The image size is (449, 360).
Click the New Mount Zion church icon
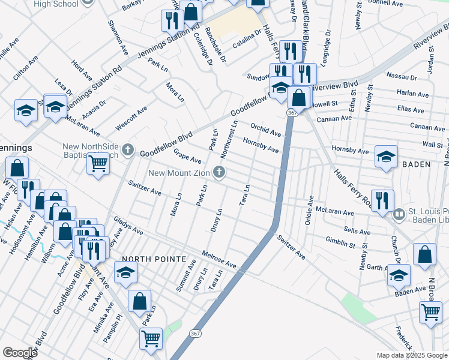220,173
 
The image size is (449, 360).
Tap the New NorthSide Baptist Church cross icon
127,148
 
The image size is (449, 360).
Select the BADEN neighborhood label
416,164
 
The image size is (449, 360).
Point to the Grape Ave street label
187,156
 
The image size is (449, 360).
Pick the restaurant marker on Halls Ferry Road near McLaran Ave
382,200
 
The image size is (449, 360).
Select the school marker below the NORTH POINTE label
125,273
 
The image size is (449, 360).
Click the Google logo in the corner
20,353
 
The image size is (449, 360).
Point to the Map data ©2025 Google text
411,355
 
